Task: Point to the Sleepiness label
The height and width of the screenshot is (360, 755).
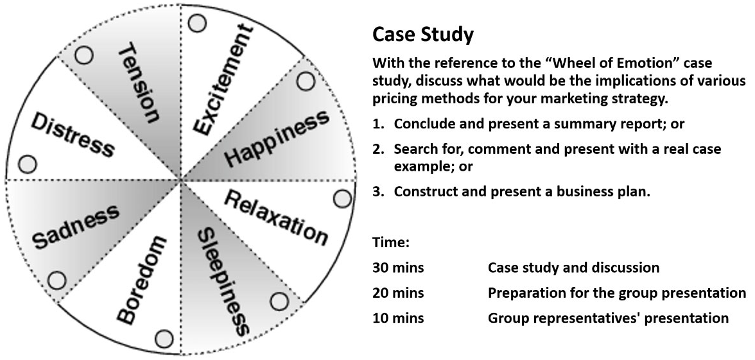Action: coord(222,281)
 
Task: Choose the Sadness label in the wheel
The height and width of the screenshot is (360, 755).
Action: coord(76,227)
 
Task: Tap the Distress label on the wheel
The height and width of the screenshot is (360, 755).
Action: coord(72,135)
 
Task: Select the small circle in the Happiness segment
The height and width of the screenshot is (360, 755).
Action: coord(306,81)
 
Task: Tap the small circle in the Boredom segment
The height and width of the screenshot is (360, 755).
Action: coord(164,338)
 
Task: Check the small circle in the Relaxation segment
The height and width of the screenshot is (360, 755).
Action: coord(343,198)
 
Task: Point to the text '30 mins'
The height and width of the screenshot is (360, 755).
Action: coord(398,267)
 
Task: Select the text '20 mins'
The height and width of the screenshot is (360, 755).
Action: coord(398,293)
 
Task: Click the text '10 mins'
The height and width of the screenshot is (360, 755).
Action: coord(398,318)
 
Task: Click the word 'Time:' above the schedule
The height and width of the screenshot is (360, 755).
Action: coord(391,243)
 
